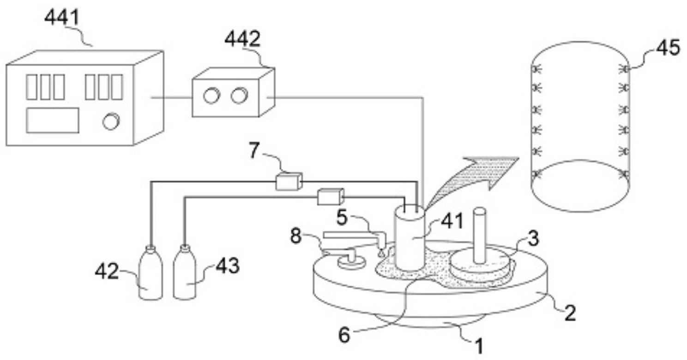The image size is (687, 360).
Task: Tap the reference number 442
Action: (x=242, y=39)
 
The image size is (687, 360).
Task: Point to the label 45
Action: (x=668, y=48)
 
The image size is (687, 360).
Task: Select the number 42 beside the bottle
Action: (x=107, y=271)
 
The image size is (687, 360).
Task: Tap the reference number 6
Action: (x=344, y=335)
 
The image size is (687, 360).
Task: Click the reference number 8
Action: (x=296, y=236)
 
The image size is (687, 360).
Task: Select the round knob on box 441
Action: (x=111, y=121)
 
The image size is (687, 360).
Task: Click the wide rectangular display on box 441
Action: (x=53, y=120)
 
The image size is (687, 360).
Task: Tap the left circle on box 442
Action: (x=211, y=96)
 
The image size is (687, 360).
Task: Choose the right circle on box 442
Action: (x=239, y=96)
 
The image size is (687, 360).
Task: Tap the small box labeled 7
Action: (x=289, y=181)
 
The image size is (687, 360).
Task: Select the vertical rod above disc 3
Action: (x=480, y=235)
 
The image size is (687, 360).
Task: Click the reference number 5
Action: (x=342, y=217)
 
